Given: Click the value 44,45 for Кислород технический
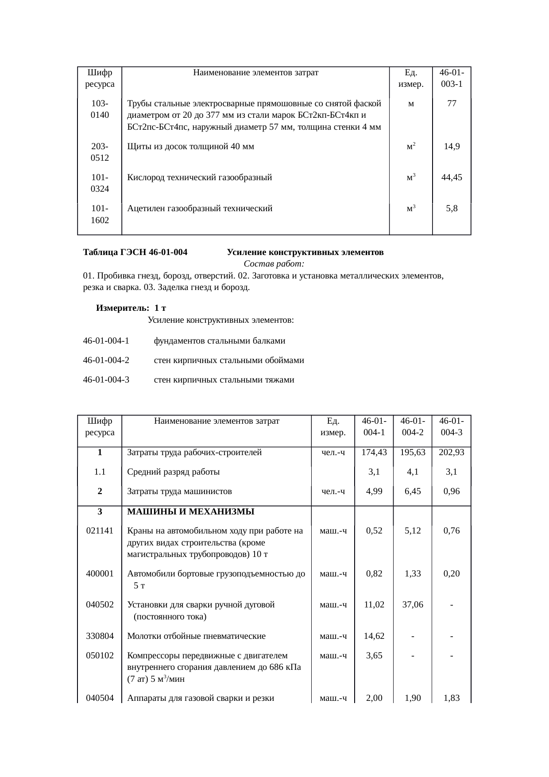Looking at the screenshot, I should [x=452, y=178].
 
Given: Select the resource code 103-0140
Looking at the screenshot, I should [x=100, y=109].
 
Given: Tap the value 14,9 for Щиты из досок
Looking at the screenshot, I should [x=452, y=147].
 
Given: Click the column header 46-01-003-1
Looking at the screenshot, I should [x=452, y=78].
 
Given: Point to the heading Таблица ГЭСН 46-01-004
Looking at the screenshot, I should [x=135, y=252].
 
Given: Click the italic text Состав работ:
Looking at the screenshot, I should [x=274, y=264].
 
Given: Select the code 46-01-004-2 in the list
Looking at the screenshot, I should [x=106, y=360].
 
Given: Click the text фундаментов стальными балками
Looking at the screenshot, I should [x=219, y=341].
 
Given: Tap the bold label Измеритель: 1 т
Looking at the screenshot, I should [x=131, y=308].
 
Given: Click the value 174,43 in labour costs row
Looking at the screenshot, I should [x=374, y=452].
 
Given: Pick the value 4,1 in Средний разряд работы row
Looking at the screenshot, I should [x=413, y=472].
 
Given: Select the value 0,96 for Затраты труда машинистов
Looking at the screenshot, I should [x=451, y=491].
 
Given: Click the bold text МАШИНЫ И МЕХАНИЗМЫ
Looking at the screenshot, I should [x=190, y=512].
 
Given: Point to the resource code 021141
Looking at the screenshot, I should [x=100, y=530].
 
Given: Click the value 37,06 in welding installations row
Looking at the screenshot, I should [x=413, y=604].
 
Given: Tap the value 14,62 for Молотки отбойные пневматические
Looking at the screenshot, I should [x=374, y=636].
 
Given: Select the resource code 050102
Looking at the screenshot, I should [x=100, y=656].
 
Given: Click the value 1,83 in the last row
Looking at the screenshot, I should [x=451, y=698].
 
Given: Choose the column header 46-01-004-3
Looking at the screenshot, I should [x=452, y=426].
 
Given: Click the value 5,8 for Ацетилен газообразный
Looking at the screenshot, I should [x=452, y=208].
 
